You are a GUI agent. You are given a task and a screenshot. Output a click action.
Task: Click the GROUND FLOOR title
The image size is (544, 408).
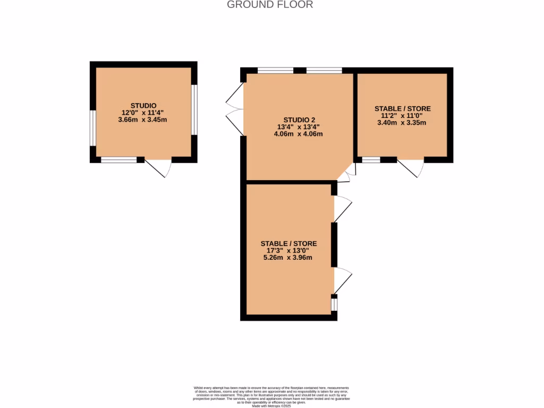tap(270, 5)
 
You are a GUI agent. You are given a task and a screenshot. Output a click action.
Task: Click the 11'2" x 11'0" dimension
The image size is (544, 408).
tap(402, 116)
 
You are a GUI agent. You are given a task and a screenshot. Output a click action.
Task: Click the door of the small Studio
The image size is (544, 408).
tap(158, 167)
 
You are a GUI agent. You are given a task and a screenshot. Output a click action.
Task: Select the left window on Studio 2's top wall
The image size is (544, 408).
tap(275, 70)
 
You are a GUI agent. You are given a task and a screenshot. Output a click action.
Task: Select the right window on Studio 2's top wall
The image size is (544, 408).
tap(324, 70)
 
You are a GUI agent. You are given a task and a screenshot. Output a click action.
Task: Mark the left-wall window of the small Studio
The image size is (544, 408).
tap(92, 127)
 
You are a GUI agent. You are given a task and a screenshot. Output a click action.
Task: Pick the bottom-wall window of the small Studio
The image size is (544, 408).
tap(118, 159)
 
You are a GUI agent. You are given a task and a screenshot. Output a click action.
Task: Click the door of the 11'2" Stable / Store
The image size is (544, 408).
tap(411, 167)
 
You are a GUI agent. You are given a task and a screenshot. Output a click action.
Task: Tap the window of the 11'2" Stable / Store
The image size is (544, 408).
tap(371, 159)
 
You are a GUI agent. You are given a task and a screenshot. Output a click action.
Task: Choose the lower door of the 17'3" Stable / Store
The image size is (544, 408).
tap(342, 280)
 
